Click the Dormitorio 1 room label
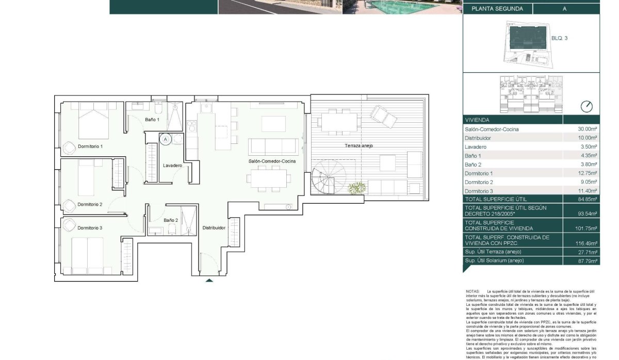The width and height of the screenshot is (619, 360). (90, 146)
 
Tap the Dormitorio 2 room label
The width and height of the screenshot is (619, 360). (90, 204)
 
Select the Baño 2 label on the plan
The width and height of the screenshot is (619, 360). (171, 220)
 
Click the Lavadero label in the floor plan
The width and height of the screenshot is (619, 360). (172, 166)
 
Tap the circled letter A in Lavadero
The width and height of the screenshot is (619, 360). (166, 139)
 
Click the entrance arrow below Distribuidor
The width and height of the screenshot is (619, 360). (209, 281)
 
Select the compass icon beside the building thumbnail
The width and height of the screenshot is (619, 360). (587, 106)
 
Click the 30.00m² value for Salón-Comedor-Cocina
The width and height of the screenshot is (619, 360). (588, 129)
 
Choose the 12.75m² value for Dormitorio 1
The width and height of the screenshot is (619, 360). (588, 173)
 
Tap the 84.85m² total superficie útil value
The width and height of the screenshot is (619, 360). (588, 199)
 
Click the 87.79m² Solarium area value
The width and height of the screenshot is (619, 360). (588, 261)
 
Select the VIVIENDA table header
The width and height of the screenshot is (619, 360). (478, 119)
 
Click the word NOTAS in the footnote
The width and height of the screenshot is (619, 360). (473, 291)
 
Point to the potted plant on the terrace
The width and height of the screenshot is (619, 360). (356, 188)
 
